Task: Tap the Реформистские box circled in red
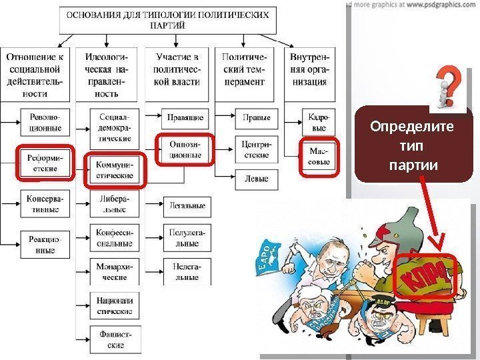(44, 163)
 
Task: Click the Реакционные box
(44, 245)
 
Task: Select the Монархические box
(114, 273)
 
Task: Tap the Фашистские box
(114, 340)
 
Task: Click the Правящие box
(185, 117)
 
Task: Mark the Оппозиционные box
(185, 149)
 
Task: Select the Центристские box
(257, 149)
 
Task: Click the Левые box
(257, 179)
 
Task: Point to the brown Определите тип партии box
(413, 144)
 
